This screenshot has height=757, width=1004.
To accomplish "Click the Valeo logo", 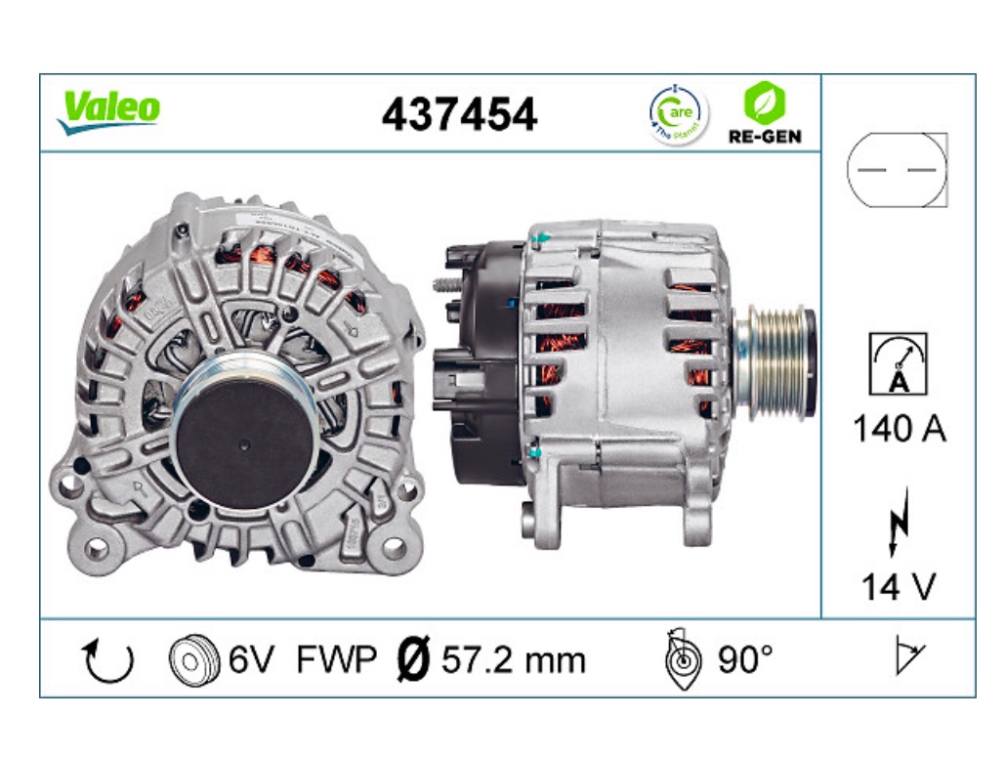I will point(108,111).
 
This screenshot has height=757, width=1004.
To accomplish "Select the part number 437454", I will point(459,115).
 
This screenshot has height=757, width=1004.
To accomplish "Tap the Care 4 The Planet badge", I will point(678,114).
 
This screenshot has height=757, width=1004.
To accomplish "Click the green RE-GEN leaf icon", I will point(765,101).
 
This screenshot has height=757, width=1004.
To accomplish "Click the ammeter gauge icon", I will point(898,364).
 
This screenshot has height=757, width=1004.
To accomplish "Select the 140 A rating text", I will point(899,428).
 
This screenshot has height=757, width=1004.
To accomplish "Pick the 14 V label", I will point(898,586).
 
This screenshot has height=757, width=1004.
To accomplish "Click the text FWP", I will point(336,660).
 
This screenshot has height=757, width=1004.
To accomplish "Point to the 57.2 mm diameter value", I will point(514,660).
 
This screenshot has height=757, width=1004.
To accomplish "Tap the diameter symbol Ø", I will point(414,660).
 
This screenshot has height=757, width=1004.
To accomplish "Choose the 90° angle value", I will point(745,660).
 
